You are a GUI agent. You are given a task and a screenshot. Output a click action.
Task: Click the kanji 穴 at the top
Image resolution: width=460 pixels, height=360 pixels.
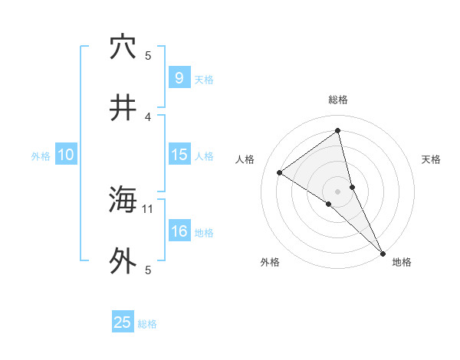point(123,47)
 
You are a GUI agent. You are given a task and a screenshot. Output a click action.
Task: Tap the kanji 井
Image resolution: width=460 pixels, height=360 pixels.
point(123,109)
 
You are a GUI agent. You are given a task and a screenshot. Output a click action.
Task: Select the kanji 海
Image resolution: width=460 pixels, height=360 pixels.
point(123,201)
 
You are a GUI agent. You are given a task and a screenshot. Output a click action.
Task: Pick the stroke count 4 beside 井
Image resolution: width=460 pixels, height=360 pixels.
point(148,116)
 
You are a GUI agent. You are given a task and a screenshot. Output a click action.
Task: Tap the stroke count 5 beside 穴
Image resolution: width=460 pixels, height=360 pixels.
point(148,55)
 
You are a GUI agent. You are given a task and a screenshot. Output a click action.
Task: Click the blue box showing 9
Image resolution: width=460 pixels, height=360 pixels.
point(179,78)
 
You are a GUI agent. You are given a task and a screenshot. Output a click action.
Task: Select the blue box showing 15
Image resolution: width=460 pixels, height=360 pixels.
point(179,155)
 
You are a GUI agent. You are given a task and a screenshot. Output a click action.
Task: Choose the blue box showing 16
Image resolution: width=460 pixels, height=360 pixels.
point(179,231)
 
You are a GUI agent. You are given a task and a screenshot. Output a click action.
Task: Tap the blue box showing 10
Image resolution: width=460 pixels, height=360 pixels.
point(66,155)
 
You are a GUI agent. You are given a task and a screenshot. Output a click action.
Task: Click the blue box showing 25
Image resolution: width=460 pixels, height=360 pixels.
point(123,322)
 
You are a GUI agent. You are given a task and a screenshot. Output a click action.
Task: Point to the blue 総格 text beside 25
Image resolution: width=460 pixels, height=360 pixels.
point(148,324)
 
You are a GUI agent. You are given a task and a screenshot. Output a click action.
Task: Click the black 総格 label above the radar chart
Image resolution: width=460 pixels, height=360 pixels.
point(338,100)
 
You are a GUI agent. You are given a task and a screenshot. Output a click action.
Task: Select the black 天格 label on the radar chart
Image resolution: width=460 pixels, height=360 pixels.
point(431,159)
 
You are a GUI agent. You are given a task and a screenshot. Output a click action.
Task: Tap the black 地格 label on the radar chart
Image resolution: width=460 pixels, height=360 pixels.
point(402,262)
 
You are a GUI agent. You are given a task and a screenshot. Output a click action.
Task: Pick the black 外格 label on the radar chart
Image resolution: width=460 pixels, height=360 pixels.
point(270,262)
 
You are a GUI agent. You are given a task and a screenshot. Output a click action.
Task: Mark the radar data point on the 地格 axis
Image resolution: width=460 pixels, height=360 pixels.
point(383,252)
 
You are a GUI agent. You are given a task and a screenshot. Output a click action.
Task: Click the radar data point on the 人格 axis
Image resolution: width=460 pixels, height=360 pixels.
point(279,172)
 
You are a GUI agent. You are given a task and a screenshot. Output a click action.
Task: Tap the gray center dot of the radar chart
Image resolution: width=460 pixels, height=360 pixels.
point(338,191)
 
